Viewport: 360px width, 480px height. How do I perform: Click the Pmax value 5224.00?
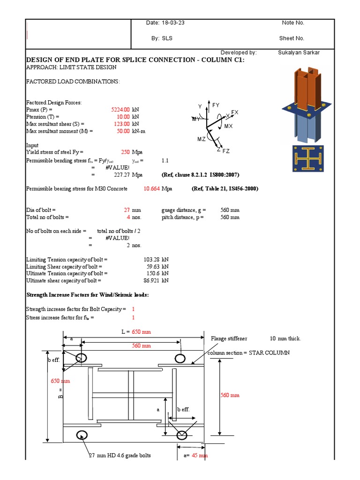pos(120,109)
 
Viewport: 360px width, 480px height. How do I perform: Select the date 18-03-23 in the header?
pos(166,23)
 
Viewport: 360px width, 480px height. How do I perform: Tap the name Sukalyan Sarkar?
pos(299,52)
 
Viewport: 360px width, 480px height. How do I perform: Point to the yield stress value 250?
pos(125,152)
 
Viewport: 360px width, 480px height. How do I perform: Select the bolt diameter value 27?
pos(127,210)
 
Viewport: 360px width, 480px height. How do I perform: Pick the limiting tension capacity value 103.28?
pos(151,259)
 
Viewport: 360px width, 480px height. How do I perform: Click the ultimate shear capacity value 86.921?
pos(150,280)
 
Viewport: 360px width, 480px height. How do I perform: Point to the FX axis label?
pos(235,112)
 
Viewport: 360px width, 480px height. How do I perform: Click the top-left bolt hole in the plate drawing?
pos(81,358)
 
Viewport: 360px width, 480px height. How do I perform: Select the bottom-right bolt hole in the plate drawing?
pos(181,435)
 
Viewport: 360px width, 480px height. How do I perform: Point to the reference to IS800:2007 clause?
pos(201,175)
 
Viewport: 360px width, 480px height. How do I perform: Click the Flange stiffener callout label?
pos(229,338)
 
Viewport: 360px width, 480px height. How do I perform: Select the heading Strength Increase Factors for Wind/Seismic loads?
pos(88,295)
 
